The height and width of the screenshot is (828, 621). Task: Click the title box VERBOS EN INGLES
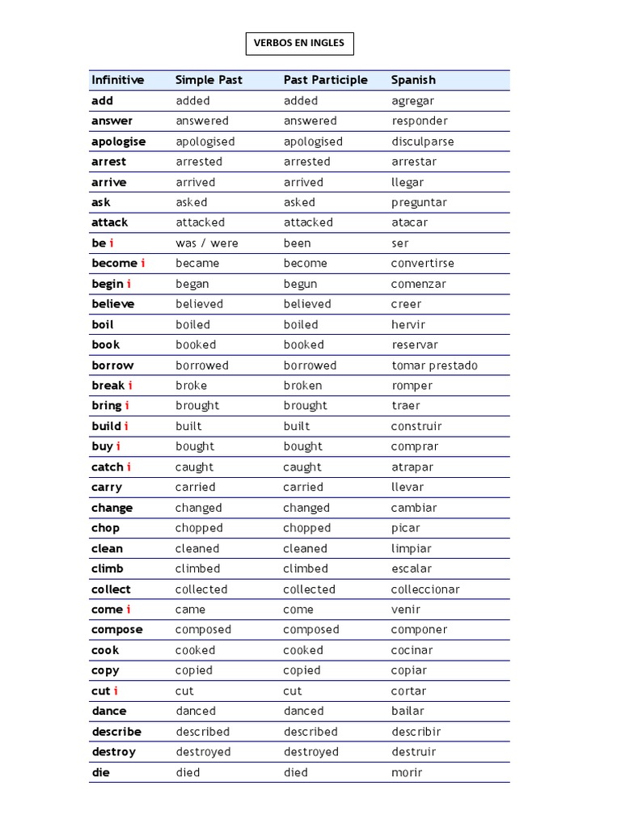click(299, 43)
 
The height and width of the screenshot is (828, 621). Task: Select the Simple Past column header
click(209, 80)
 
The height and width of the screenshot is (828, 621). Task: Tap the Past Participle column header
click(325, 80)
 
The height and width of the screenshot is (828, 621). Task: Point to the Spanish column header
click(413, 80)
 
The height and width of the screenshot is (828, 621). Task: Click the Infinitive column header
click(118, 80)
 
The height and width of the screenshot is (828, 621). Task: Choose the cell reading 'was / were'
click(207, 243)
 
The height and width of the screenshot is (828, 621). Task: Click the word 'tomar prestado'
click(434, 365)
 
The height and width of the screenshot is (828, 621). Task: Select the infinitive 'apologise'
click(119, 142)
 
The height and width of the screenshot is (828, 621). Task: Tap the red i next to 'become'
click(143, 264)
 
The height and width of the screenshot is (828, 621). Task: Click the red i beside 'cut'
click(116, 691)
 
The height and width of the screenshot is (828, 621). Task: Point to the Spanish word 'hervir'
click(408, 325)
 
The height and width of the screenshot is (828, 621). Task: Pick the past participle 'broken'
click(302, 386)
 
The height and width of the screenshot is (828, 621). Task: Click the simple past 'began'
click(192, 284)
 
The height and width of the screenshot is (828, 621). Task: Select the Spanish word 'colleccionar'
click(425, 589)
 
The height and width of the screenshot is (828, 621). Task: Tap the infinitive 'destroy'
click(114, 752)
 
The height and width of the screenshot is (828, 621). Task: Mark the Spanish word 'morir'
click(407, 772)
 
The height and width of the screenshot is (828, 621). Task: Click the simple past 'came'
click(191, 610)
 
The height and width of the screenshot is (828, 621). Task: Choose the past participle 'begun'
click(300, 284)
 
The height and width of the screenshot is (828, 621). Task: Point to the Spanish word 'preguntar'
click(419, 202)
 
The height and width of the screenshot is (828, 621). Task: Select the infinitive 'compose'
click(117, 630)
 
